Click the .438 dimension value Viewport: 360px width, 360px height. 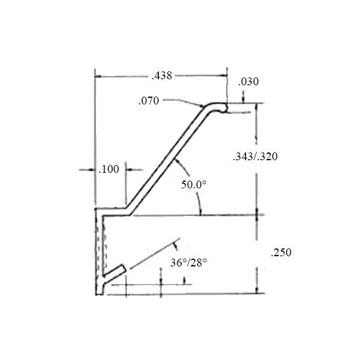click(161, 76)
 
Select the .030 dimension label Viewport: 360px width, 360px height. click(248, 82)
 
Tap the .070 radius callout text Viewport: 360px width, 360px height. click(148, 101)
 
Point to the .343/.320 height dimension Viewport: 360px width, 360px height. click(255, 156)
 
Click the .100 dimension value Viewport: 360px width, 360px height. click(109, 170)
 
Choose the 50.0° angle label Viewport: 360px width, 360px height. click(194, 185)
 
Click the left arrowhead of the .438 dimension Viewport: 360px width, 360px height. click(100, 76)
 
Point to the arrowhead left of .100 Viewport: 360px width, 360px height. click(91, 170)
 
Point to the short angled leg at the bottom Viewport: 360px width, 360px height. click(113, 274)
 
